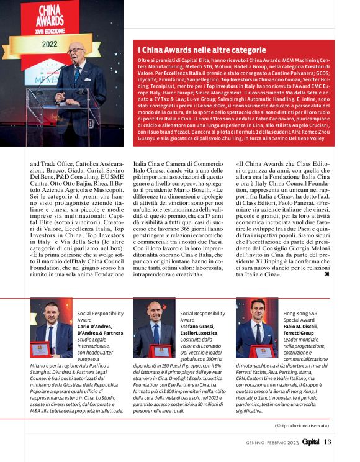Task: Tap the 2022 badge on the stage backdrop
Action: tap(49, 45)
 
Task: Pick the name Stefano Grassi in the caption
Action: tap(198, 325)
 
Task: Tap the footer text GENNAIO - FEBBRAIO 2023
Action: tap(271, 443)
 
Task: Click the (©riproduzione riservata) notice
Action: tap(304, 425)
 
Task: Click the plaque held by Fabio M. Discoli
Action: tap(259, 351)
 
